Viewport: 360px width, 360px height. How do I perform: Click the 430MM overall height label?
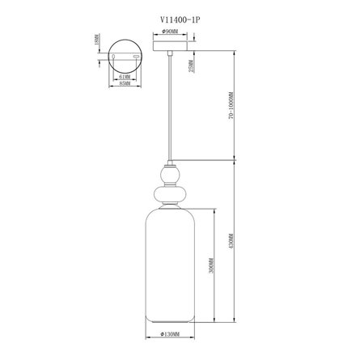230,241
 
